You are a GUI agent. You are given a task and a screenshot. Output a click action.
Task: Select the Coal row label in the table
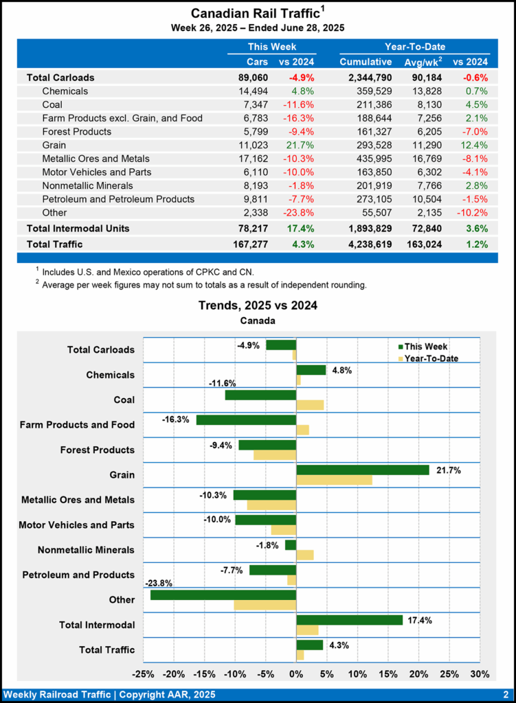(x=54, y=104)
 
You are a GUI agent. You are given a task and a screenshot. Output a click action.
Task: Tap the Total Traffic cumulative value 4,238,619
(x=366, y=244)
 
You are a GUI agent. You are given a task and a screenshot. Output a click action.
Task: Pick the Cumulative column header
(x=366, y=62)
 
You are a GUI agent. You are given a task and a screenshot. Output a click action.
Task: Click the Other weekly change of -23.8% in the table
(x=299, y=213)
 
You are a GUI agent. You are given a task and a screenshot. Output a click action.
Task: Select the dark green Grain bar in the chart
(x=362, y=470)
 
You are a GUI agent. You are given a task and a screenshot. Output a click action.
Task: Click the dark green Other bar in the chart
(x=223, y=595)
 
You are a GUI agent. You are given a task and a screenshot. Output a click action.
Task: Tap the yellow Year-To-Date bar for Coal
(x=310, y=405)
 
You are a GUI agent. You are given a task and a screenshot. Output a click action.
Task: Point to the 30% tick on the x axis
(x=480, y=673)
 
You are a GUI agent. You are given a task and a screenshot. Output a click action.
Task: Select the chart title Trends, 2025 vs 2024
(x=258, y=305)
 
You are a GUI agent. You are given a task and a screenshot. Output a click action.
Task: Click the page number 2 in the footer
(x=505, y=694)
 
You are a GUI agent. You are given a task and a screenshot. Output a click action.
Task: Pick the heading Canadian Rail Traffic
(x=254, y=13)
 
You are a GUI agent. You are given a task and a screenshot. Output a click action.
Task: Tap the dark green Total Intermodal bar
(x=349, y=620)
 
